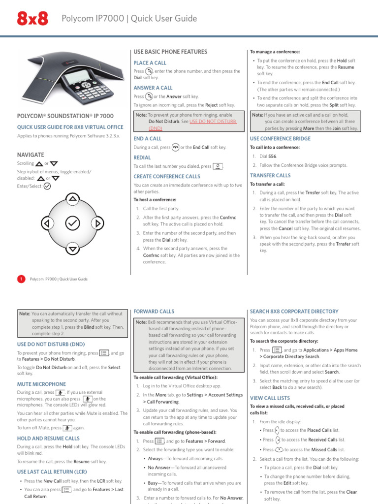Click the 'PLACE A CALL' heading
click(x=150, y=63)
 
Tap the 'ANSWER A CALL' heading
click(x=153, y=88)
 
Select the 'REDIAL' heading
click(x=142, y=157)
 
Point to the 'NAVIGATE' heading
click(x=31, y=155)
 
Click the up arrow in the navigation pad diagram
click(x=73, y=199)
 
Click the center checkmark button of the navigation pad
click(x=72, y=224)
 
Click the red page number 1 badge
click(x=21, y=279)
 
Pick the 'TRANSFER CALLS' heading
click(x=270, y=175)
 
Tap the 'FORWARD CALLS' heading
click(x=154, y=312)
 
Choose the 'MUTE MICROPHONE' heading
click(x=41, y=383)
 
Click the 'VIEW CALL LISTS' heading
click(x=270, y=397)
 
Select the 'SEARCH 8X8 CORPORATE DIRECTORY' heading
click(x=294, y=312)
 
